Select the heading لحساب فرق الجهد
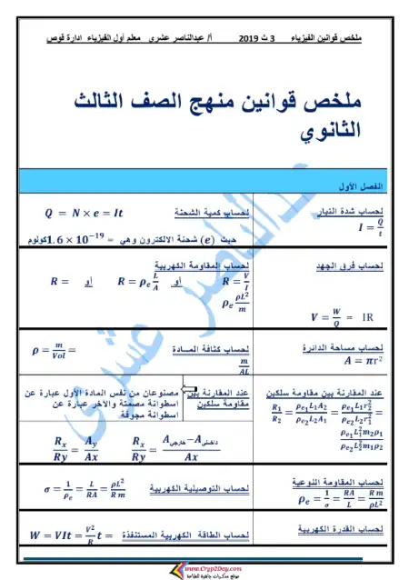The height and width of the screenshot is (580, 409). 354,267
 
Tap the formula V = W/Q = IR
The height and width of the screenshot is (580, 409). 341,317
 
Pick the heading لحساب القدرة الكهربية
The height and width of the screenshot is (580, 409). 351,528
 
